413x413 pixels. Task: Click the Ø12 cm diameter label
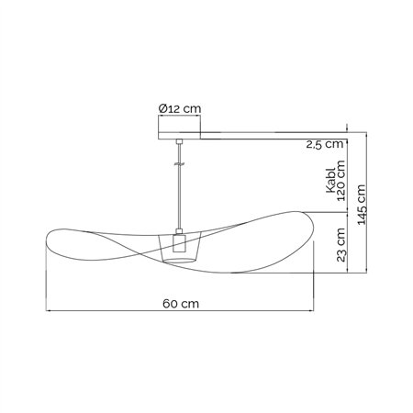(x=180, y=108)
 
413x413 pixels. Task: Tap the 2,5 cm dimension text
(x=325, y=144)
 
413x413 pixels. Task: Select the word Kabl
(x=331, y=181)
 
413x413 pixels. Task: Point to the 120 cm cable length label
(x=340, y=181)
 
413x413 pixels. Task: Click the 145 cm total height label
(x=362, y=205)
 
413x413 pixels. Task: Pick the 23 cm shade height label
(x=340, y=245)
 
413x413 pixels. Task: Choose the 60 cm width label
(x=181, y=304)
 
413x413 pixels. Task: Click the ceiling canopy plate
(x=179, y=136)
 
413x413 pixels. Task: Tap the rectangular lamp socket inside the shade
(x=179, y=243)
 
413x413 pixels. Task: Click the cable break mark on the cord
(x=180, y=164)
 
